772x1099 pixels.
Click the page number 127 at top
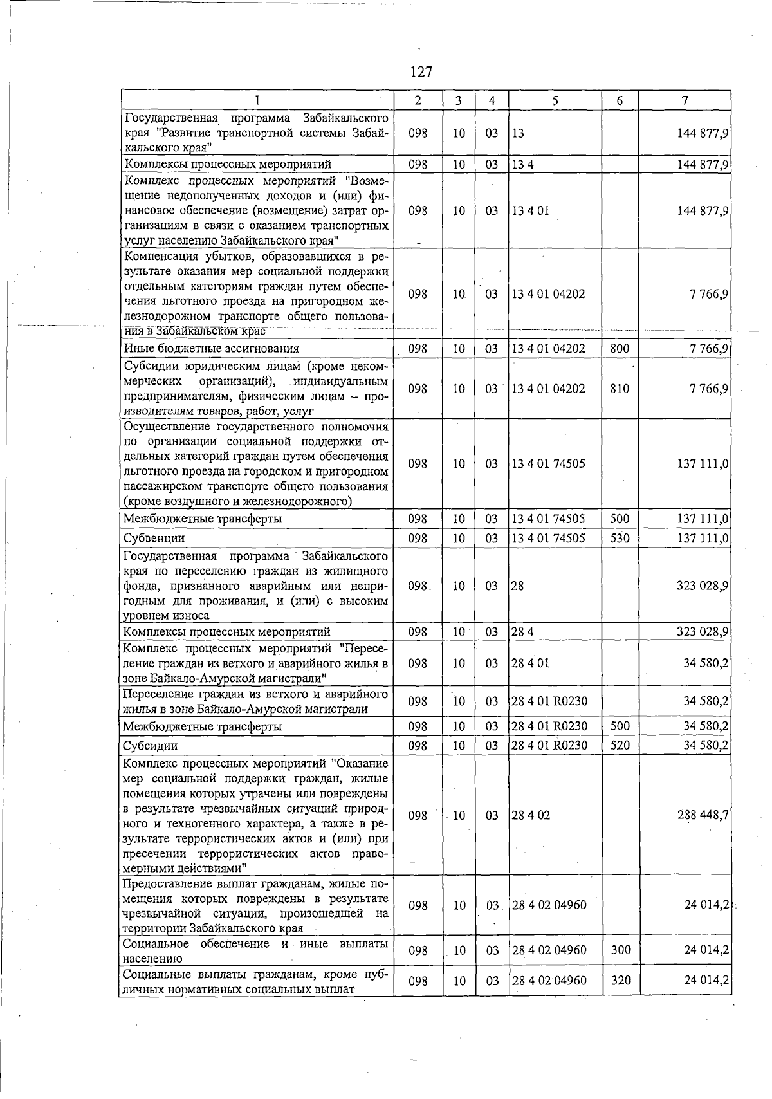421,71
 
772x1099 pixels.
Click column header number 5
555,100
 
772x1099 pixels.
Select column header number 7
685,100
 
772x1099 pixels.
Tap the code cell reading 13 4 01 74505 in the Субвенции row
548,538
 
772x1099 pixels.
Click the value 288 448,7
703,815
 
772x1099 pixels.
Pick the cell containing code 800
620,349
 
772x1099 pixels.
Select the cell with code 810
620,389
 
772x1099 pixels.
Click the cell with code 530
620,538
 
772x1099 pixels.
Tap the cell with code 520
620,746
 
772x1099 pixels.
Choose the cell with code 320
620,981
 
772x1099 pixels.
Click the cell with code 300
620,950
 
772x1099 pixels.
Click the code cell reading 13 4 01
531,211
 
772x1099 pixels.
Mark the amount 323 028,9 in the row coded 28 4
703,632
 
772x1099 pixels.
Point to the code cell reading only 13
518,133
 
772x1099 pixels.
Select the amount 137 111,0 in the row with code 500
703,519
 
